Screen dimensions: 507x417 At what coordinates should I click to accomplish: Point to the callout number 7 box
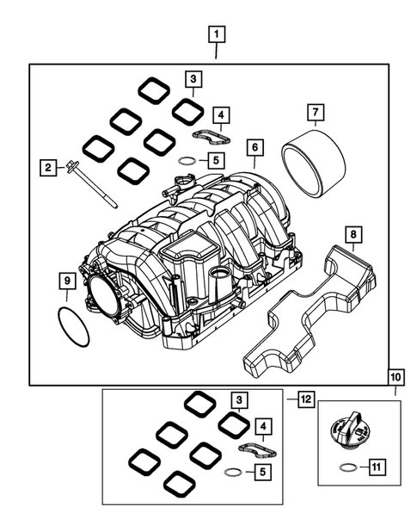(x=316, y=113)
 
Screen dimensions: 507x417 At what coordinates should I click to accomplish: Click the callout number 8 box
(x=352, y=234)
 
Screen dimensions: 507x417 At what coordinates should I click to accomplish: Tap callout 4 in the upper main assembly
(x=221, y=114)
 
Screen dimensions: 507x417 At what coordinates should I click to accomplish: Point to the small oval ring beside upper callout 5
(x=188, y=160)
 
